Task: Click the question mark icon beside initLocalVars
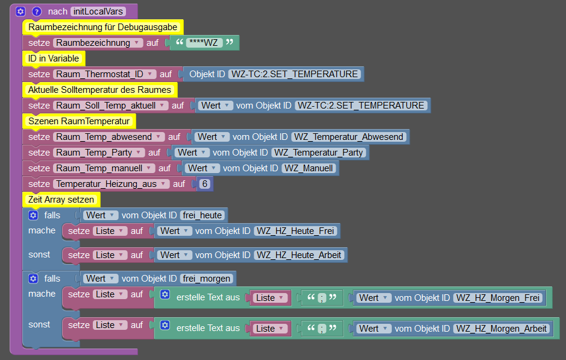tap(36, 11)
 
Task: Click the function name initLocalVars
tap(98, 11)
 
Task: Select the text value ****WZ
tap(204, 43)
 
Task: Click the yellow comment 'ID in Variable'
tap(54, 58)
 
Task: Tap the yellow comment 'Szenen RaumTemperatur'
tap(79, 121)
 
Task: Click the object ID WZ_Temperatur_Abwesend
tap(348, 137)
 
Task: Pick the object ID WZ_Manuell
tap(309, 168)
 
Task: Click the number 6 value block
tap(205, 184)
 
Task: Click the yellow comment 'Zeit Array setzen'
tap(61, 200)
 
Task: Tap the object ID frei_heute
tap(202, 215)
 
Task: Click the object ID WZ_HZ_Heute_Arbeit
tap(299, 255)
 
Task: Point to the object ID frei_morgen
tap(207, 279)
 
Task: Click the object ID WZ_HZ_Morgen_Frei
tap(498, 297)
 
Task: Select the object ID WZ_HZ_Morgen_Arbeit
tap(502, 328)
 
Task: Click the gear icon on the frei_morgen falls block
tap(33, 279)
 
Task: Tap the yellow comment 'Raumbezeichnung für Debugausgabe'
tap(103, 27)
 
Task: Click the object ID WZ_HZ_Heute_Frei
tap(295, 231)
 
